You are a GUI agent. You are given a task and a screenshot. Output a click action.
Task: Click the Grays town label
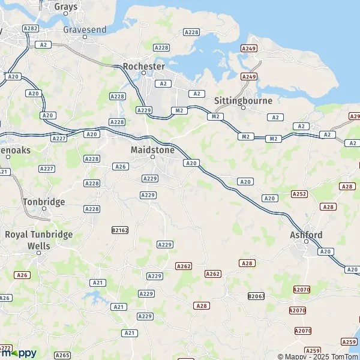[65, 7]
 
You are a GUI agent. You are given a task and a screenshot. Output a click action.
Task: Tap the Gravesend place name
[85, 29]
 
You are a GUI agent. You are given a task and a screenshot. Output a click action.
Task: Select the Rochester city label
[143, 65]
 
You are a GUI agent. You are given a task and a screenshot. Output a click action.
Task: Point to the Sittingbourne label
[243, 100]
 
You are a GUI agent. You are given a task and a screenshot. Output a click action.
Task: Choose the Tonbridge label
[44, 202]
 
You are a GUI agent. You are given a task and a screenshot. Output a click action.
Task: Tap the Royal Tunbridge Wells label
[38, 239]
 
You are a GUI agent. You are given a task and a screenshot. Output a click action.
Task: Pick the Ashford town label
[306, 235]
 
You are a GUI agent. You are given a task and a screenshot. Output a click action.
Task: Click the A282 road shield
[30, 28]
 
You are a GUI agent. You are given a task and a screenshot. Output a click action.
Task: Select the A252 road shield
[299, 194]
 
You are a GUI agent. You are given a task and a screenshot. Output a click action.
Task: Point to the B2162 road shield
[120, 230]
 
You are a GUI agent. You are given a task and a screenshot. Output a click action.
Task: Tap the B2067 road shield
[256, 296]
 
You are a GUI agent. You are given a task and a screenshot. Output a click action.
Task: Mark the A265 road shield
[62, 355]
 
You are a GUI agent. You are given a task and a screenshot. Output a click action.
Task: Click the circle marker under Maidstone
[152, 157]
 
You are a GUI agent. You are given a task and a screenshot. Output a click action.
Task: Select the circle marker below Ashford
[306, 242]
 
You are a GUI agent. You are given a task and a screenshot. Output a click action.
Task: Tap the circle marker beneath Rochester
[143, 73]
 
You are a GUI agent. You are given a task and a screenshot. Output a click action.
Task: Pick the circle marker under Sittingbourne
[243, 108]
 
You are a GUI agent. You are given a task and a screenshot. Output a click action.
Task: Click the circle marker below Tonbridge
[44, 209]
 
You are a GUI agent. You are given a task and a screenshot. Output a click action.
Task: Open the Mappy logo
[19, 353]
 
